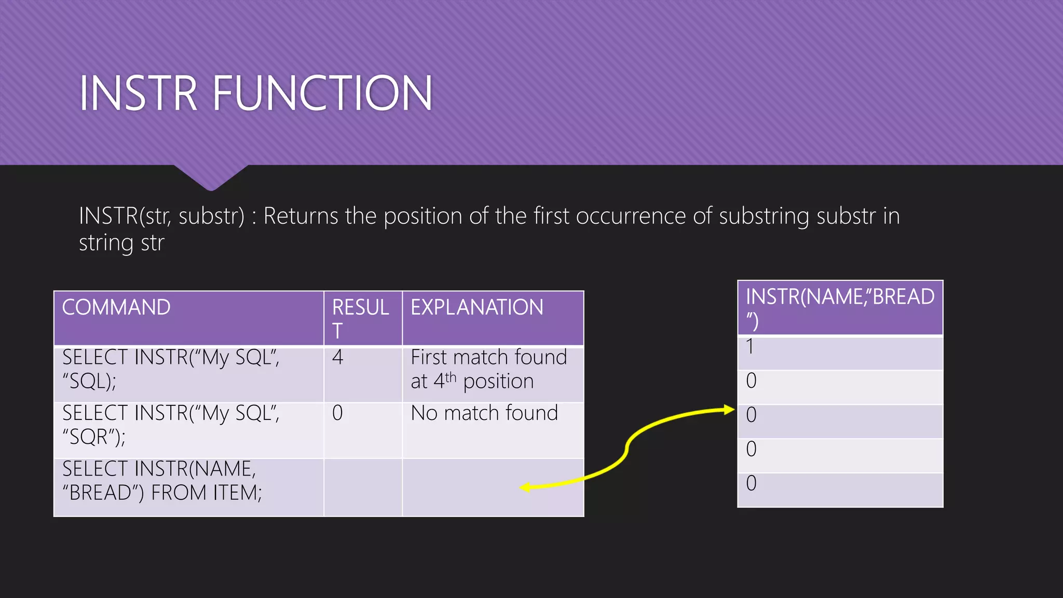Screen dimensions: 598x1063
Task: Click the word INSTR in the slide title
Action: pos(138,93)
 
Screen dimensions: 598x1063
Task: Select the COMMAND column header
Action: pos(116,307)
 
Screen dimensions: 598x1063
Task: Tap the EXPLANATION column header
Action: pos(476,307)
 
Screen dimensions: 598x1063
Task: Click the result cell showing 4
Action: pos(338,358)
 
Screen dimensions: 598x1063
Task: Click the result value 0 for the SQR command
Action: pos(337,413)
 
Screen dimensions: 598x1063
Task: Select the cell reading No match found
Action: pos(484,413)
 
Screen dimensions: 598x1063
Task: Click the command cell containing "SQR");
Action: pos(171,425)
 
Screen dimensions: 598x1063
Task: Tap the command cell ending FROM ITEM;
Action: pos(162,481)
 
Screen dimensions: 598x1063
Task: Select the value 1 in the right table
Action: pos(750,347)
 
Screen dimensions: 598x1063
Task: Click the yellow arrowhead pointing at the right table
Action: pos(729,410)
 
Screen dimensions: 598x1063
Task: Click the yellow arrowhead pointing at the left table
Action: pos(525,487)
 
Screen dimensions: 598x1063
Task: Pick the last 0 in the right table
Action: pos(751,483)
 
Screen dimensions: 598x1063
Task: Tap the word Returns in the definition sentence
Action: pos(301,216)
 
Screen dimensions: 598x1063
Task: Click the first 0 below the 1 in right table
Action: pos(751,381)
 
